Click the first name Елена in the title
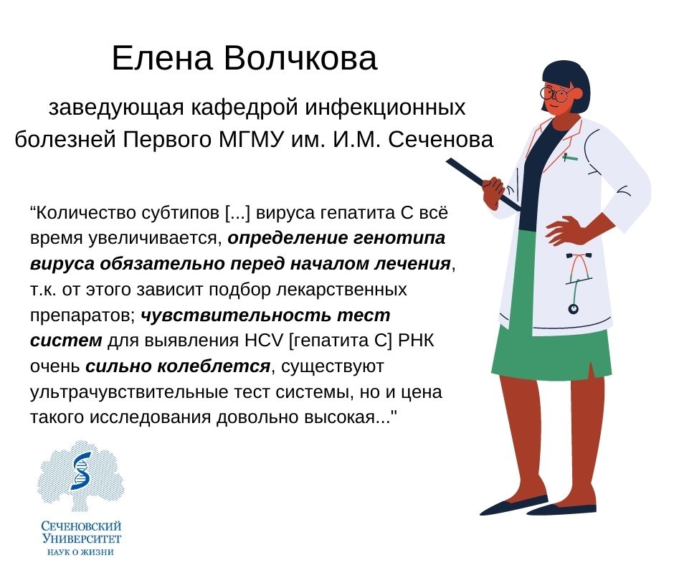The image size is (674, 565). [163, 60]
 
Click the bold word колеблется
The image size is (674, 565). [178, 367]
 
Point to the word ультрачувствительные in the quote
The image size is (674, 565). [127, 393]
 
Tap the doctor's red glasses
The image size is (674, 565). [557, 93]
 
